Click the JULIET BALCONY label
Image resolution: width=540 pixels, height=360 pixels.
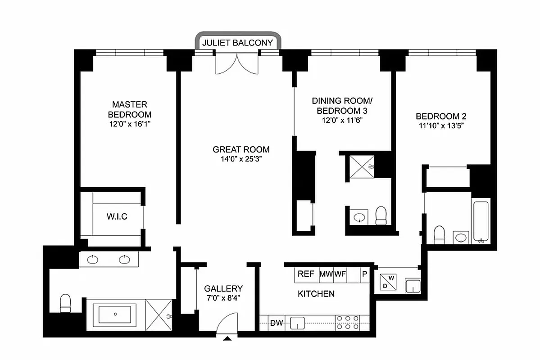[237, 43]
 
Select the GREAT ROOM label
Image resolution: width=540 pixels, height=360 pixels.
[241, 149]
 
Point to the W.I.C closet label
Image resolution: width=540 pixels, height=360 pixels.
[117, 216]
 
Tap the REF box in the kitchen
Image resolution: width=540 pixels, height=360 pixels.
[306, 274]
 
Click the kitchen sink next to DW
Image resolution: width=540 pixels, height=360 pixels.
[297, 323]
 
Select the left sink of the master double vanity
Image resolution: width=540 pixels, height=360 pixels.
[93, 259]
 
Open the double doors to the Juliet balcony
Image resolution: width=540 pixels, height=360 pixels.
[237, 62]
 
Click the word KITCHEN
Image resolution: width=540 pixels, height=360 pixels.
[316, 294]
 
